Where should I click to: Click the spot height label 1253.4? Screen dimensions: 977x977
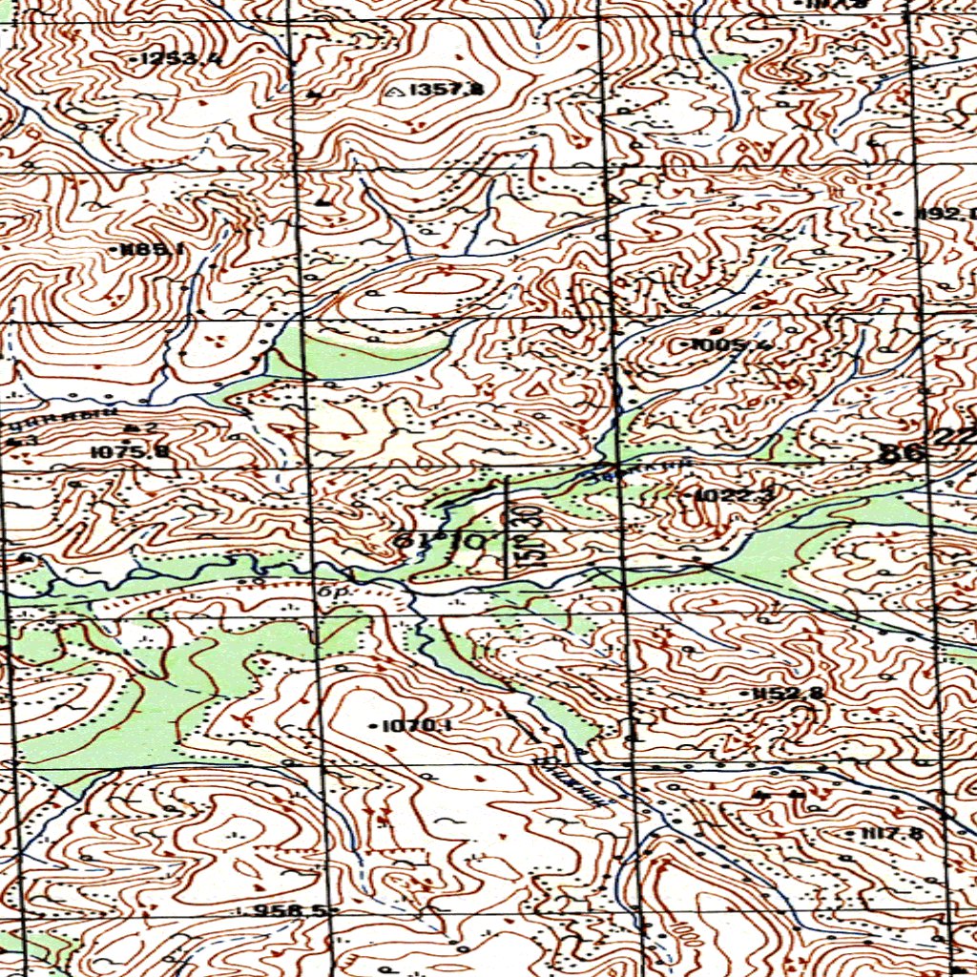181,59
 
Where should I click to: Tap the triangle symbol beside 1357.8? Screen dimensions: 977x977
397,91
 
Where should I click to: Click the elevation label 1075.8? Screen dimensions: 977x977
131,451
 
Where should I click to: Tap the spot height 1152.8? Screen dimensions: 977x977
787,693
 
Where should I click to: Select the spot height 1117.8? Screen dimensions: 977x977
892,833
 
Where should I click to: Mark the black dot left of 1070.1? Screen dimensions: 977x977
373,726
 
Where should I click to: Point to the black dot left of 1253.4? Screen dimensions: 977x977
134,59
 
